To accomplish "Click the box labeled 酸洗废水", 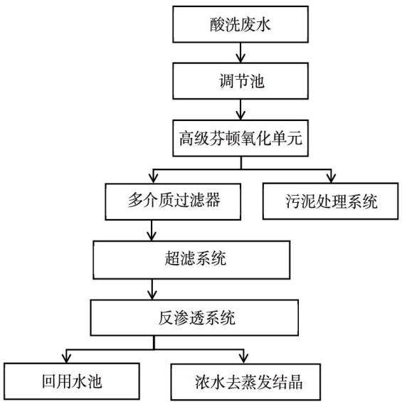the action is click(x=240, y=24).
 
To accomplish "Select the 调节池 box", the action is click(x=240, y=81).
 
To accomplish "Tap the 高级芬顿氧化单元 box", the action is click(x=240, y=138).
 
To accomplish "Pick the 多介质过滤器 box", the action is click(x=173, y=201).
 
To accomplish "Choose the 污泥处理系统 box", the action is click(x=330, y=201).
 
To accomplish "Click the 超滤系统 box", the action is click(x=191, y=260).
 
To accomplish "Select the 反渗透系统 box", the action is click(x=194, y=317).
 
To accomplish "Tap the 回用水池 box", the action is click(x=72, y=381).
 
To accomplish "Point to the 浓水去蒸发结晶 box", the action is click(x=245, y=382).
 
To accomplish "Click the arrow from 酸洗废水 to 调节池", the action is click(x=240, y=53).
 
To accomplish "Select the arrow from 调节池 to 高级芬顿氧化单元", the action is click(x=240, y=110).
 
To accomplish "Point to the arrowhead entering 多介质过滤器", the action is click(x=153, y=178).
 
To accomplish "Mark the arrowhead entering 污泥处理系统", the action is click(x=332, y=178).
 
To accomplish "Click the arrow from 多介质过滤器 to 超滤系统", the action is click(x=152, y=231).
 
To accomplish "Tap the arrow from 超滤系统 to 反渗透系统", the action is click(x=152, y=289).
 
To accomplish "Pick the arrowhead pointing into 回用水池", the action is click(x=66, y=358).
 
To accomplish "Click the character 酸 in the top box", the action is click(x=218, y=25).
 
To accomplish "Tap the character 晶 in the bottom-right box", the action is click(x=295, y=382).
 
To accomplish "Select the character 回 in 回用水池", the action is click(x=49, y=381).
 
